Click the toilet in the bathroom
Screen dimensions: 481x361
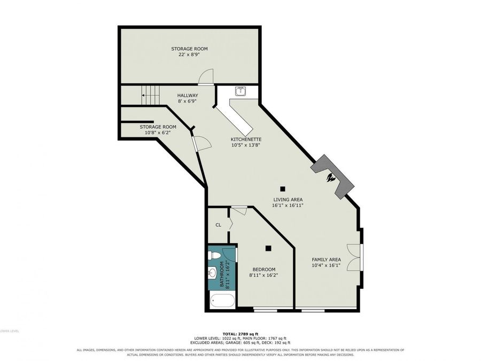point(214,256)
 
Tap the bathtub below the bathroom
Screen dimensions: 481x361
point(222,301)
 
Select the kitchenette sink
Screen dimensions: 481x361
point(241,91)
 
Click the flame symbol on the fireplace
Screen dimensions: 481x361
point(331,178)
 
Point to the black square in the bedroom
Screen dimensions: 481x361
point(268,248)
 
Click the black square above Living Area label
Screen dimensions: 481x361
point(283,189)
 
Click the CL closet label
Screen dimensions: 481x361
point(218,225)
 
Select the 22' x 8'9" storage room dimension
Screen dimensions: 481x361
point(189,55)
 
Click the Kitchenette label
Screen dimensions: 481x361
point(246,140)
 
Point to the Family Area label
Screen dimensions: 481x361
point(326,259)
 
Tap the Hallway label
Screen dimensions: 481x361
point(188,96)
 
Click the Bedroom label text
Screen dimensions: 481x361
point(264,270)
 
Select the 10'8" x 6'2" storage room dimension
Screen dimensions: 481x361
point(158,133)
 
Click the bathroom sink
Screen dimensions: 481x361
point(212,272)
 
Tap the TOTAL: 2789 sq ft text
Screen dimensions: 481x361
point(241,334)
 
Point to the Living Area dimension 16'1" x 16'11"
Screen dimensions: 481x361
point(288,205)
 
